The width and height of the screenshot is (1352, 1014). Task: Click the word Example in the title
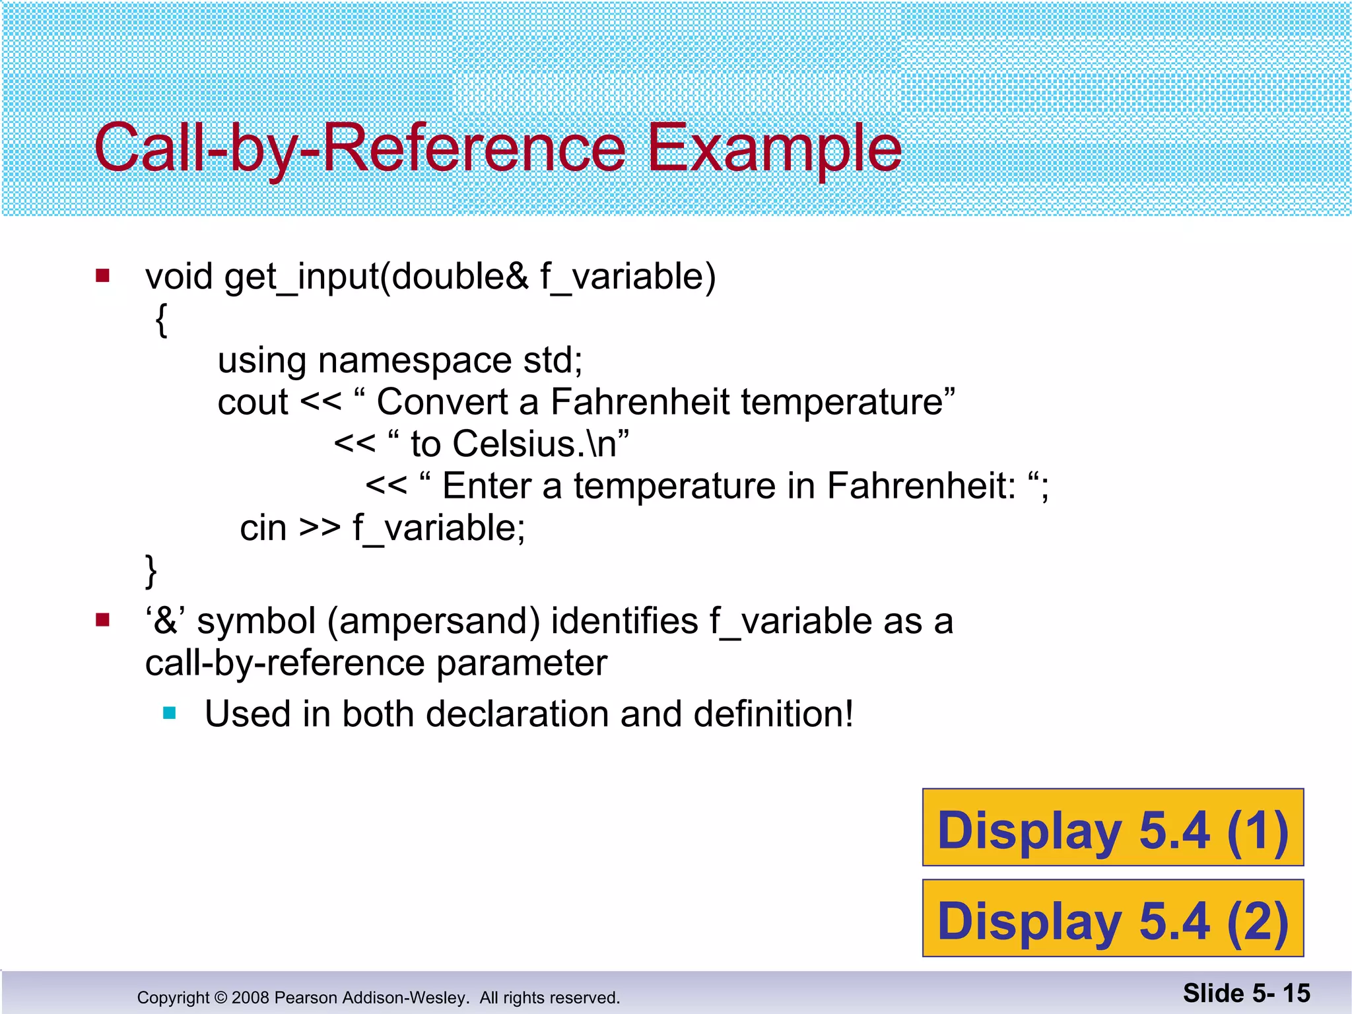(774, 149)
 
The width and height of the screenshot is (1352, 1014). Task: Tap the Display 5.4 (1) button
(1112, 828)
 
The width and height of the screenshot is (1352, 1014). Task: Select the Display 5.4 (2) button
(1112, 919)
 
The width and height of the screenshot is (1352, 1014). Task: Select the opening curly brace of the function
(161, 320)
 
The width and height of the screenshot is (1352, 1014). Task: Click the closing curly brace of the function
(151, 570)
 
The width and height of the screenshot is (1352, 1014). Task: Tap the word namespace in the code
(414, 361)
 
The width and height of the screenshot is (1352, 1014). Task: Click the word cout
(253, 402)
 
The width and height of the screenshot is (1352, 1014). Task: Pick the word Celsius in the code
(514, 444)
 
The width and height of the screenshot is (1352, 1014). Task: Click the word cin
(263, 528)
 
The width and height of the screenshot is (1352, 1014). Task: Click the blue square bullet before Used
(170, 713)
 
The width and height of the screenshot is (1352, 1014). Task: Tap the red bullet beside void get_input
(102, 275)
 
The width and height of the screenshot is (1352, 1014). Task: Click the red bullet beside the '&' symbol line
(102, 620)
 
